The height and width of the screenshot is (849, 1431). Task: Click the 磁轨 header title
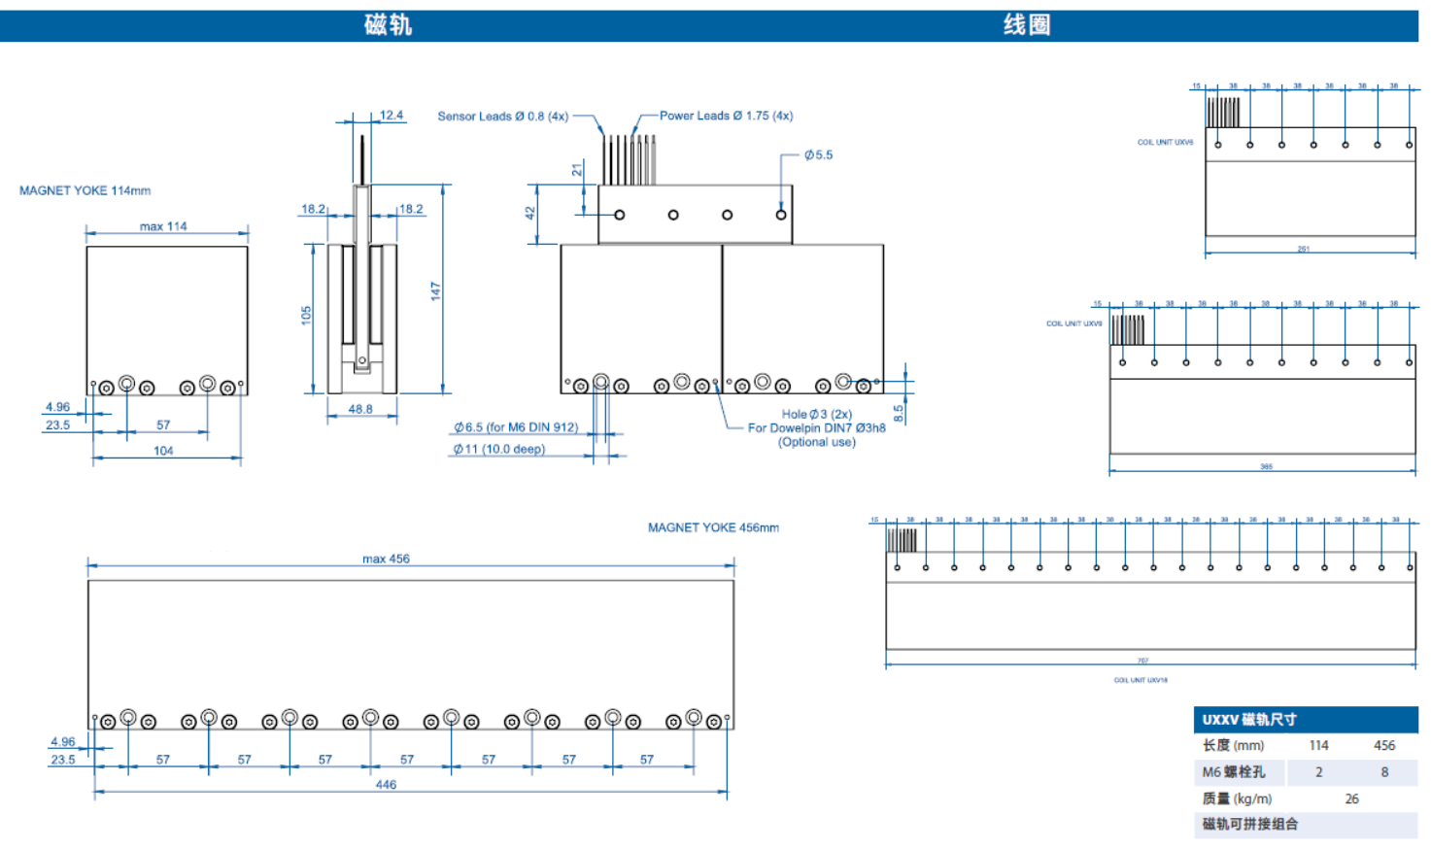pos(388,25)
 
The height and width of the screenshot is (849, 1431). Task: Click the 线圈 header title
pos(1027,25)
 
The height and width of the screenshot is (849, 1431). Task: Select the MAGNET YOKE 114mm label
pos(85,190)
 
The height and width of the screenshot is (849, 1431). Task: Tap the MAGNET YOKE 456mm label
pos(713,527)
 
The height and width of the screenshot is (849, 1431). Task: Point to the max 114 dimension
pos(163,226)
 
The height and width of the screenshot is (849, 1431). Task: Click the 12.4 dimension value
pos(392,115)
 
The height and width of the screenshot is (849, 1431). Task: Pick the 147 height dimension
pos(435,290)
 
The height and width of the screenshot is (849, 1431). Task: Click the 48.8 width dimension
pos(360,409)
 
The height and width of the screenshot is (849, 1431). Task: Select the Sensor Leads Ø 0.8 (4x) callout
pos(502,116)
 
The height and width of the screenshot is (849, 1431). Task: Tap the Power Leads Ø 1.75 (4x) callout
pos(726,116)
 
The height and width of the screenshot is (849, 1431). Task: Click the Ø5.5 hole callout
pos(818,154)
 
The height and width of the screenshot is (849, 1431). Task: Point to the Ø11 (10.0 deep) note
pos(499,449)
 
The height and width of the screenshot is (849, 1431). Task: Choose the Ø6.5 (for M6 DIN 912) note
pos(516,427)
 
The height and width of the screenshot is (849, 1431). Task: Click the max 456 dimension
pos(386,559)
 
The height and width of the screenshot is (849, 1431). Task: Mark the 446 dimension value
pos(386,784)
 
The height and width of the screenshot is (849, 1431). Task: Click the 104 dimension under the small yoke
pos(163,451)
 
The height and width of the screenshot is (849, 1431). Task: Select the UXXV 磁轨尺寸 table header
pos(1249,720)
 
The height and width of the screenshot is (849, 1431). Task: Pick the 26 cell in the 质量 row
pos(1351,798)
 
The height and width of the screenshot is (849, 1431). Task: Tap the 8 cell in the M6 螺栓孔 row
pos(1384,772)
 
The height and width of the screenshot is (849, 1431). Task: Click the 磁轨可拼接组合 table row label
pos(1250,824)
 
